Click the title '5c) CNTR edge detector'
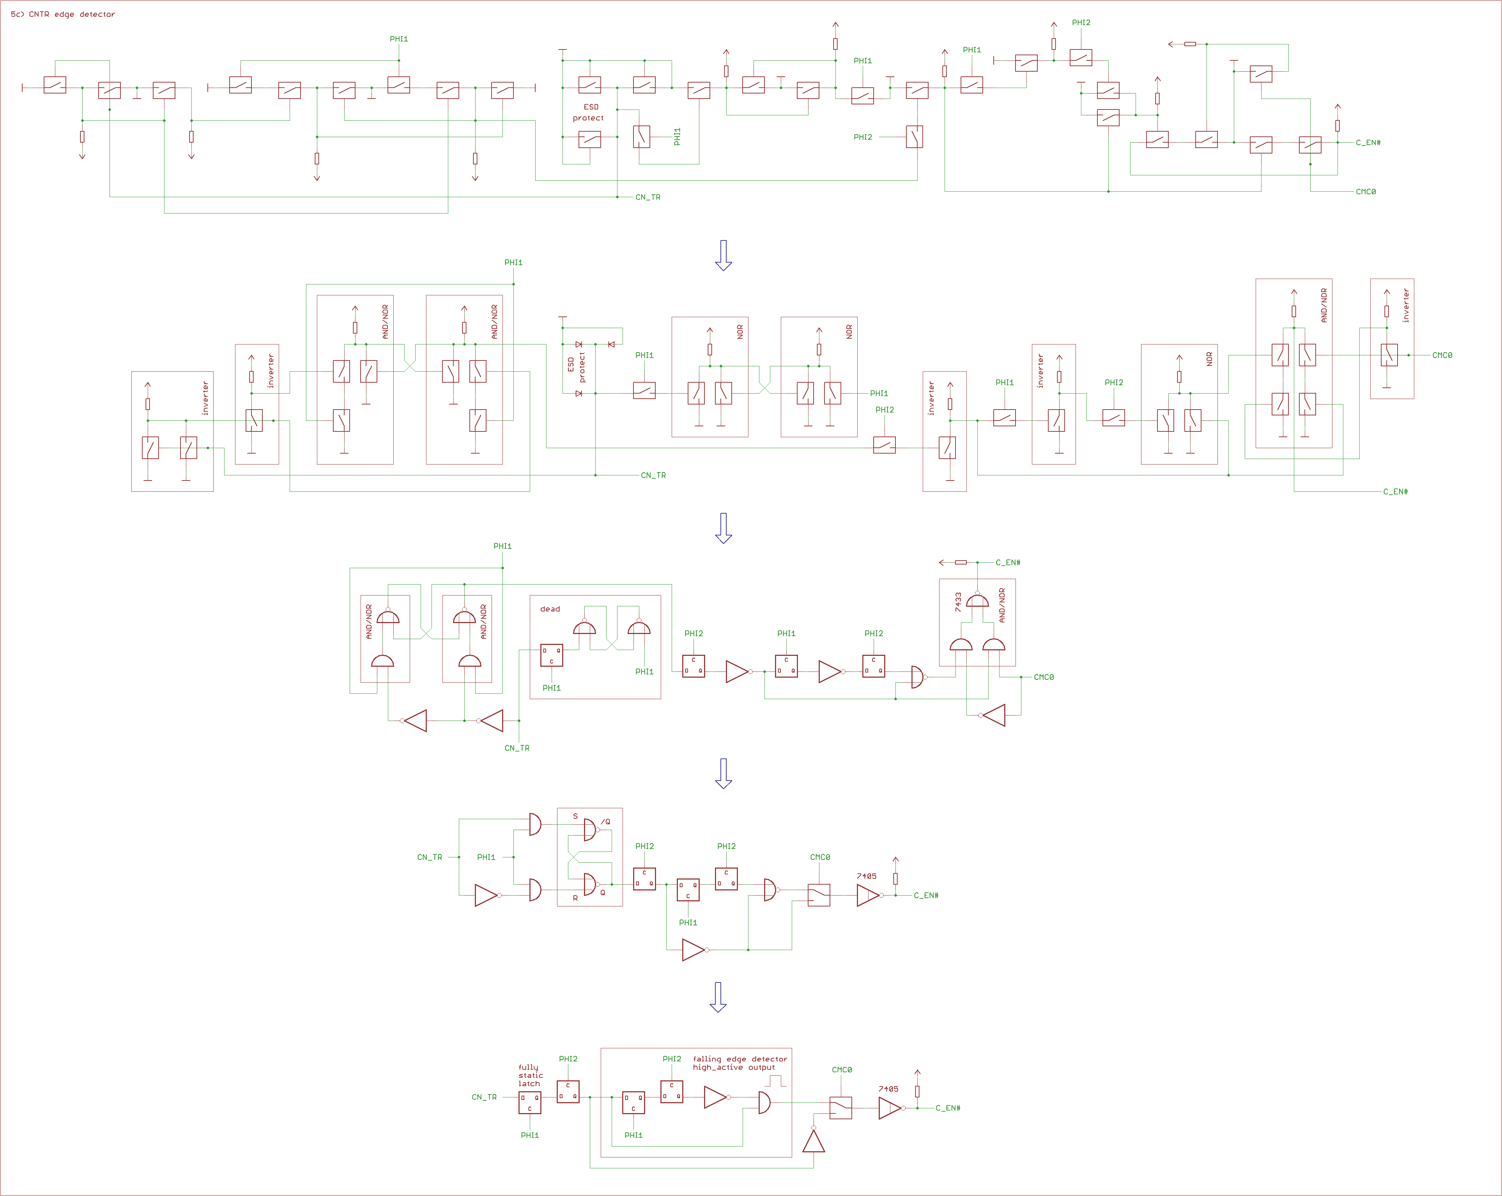[63, 14]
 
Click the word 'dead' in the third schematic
[550, 609]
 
